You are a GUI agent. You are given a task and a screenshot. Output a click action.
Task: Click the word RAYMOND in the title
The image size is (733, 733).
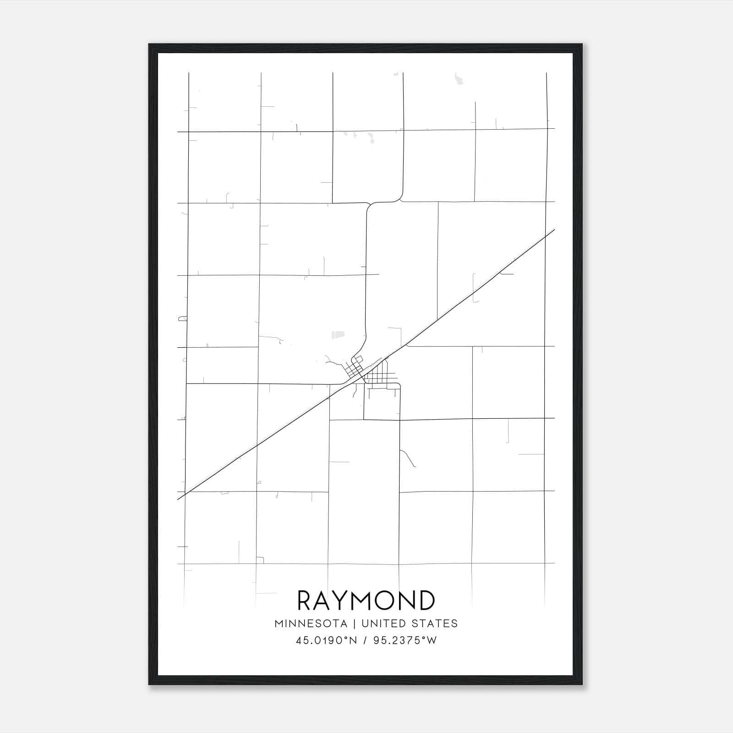pos(366,600)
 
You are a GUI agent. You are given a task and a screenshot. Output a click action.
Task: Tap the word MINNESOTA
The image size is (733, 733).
pos(311,624)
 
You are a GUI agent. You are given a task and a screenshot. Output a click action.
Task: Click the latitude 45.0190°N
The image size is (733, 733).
pos(326,640)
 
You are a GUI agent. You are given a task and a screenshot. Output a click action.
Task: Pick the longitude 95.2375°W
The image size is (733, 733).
pos(405,640)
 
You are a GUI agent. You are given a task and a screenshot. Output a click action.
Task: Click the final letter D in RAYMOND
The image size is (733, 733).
pos(427,600)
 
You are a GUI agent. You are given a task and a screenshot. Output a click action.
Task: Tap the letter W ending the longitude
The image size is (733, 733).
pos(432,640)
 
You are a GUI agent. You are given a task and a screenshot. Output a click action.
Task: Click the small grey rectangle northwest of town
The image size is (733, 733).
pos(338,335)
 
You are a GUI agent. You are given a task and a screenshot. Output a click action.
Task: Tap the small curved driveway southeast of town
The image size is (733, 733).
pos(408,458)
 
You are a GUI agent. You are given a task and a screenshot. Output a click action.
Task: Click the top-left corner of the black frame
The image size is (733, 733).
pos(149,44)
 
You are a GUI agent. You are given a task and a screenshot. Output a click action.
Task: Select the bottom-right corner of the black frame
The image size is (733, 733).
pos(582,684)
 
